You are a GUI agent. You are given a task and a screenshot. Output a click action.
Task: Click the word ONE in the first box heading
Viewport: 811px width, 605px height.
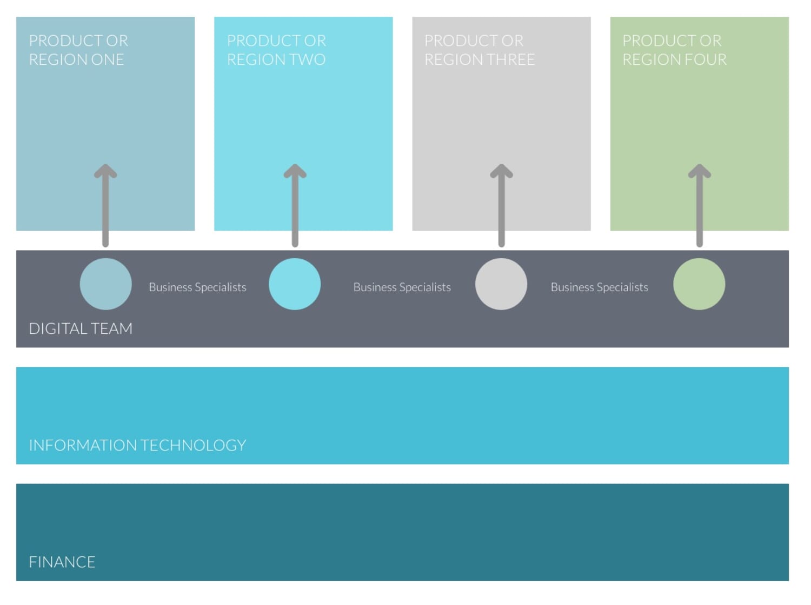click(x=107, y=60)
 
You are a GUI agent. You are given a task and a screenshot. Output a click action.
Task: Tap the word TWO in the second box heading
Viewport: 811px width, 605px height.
click(x=309, y=60)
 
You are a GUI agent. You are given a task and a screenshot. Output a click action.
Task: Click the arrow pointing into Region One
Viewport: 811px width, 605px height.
click(x=105, y=206)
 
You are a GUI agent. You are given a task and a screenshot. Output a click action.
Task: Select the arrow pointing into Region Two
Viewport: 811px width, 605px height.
click(x=295, y=206)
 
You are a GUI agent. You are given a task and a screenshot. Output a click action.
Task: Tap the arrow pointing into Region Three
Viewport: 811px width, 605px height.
click(x=501, y=206)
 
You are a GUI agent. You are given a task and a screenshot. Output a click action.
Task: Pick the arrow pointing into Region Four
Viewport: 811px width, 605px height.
click(x=700, y=206)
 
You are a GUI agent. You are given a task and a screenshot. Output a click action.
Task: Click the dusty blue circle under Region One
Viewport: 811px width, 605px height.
click(x=105, y=284)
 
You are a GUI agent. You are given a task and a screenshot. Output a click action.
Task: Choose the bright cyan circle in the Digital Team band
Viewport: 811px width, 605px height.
click(x=295, y=284)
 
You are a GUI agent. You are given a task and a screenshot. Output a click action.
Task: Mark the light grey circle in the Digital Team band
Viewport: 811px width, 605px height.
click(x=501, y=284)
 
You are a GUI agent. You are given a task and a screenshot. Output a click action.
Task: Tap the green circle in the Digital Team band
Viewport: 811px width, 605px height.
click(x=700, y=284)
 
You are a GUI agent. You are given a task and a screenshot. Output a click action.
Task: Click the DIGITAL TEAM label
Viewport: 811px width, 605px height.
click(x=81, y=328)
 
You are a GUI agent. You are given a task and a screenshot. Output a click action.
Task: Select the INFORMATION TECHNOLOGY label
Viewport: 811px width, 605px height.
click(x=137, y=445)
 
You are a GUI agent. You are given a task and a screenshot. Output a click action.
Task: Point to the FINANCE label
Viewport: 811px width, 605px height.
click(x=62, y=562)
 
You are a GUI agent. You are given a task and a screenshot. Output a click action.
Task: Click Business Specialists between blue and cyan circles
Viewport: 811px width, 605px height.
click(x=198, y=287)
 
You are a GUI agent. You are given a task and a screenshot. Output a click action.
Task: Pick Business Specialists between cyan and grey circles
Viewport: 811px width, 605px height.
click(x=402, y=287)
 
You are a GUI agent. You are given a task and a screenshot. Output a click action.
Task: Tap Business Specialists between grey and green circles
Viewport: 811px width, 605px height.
click(x=599, y=287)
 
